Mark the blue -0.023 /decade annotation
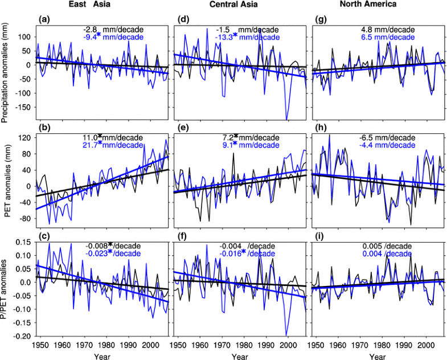click(x=110, y=253)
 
